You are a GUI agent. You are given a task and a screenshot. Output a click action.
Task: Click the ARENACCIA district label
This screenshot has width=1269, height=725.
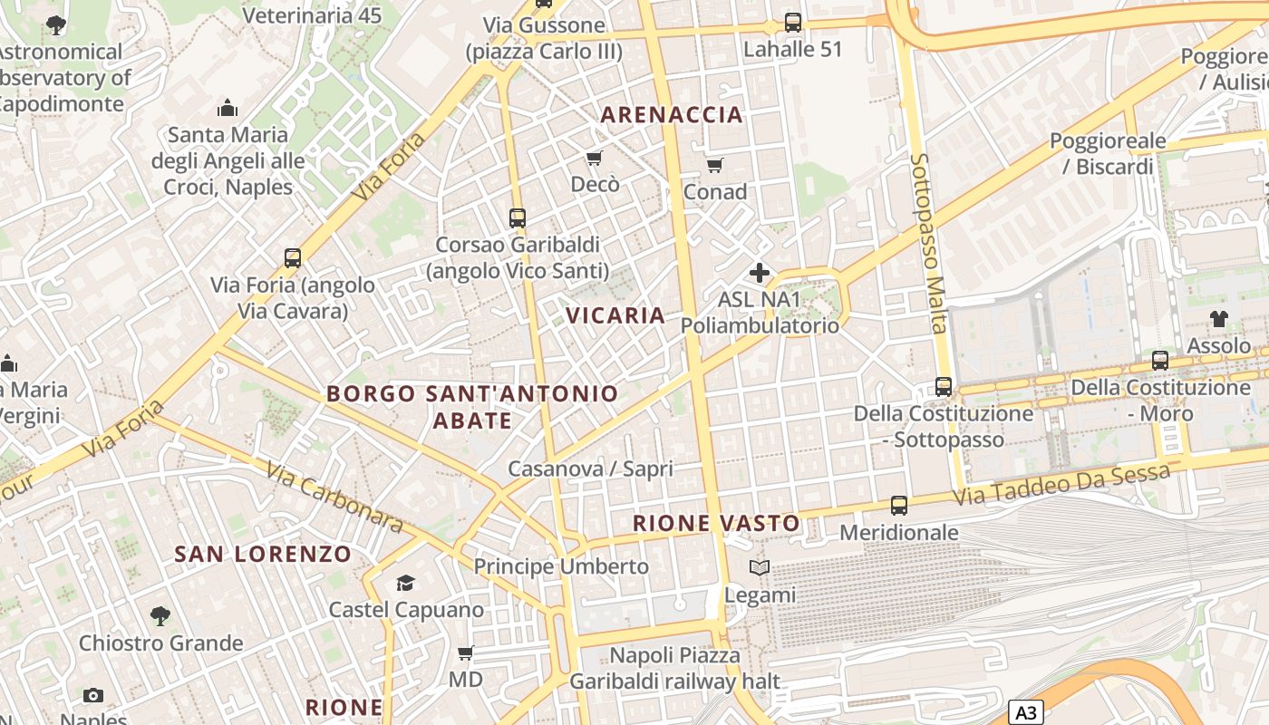[672, 115]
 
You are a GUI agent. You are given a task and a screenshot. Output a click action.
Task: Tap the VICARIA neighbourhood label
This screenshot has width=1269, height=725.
[615, 315]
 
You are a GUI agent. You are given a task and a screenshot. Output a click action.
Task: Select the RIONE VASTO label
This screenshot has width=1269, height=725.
[716, 523]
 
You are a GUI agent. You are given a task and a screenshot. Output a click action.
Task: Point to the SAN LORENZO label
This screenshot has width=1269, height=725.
[263, 554]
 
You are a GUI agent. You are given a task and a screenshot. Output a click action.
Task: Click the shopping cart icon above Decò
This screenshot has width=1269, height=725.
[595, 159]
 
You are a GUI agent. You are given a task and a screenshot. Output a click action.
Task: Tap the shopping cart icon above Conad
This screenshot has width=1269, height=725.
[715, 165]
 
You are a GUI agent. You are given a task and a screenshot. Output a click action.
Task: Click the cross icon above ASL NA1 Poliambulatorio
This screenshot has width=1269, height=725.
[760, 272]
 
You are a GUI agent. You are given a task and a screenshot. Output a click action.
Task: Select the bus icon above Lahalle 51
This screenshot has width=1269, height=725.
[793, 23]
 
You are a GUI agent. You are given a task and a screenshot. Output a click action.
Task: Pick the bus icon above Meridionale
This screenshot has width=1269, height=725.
[898, 506]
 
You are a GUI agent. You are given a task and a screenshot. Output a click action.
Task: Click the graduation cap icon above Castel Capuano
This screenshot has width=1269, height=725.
[405, 583]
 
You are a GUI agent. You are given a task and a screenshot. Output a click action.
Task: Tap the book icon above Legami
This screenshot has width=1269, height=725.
[760, 568]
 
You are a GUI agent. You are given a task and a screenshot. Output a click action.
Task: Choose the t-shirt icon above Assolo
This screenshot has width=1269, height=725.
[1219, 319]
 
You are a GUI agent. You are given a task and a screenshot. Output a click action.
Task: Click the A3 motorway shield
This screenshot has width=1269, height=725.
[1025, 712]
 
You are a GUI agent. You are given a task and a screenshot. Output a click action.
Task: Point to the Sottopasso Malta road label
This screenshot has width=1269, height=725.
[929, 242]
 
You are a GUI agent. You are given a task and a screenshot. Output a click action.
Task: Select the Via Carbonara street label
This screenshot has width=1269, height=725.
[335, 497]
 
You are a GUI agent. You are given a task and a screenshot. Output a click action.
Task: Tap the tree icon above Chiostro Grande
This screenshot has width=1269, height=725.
[160, 616]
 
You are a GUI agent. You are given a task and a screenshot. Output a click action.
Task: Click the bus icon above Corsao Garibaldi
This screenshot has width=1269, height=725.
[518, 217]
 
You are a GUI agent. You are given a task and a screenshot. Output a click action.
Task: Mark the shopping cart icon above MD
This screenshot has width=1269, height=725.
[466, 652]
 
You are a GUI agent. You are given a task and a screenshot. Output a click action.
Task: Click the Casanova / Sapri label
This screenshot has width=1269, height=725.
[590, 469]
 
